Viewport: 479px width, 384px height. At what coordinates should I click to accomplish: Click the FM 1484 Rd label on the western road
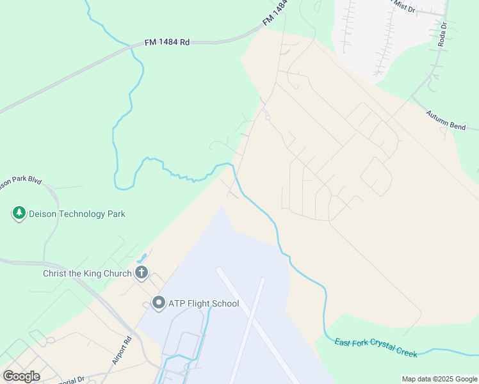[167, 42]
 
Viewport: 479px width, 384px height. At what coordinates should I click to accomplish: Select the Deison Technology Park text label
[77, 214]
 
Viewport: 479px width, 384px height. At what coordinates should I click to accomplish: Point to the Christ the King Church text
[87, 273]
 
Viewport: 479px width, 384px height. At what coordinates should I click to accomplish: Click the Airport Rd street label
[122, 351]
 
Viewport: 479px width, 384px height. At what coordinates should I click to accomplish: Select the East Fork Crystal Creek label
[376, 348]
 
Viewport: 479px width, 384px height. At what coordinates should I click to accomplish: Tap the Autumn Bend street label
[446, 120]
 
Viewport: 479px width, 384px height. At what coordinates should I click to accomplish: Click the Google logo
[21, 376]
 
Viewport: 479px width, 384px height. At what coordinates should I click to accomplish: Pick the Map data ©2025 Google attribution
[439, 379]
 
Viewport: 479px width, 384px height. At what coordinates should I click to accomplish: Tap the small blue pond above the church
[142, 260]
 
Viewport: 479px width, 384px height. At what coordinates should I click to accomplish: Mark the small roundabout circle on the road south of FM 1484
[268, 117]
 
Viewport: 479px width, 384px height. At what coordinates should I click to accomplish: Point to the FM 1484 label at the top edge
[275, 13]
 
